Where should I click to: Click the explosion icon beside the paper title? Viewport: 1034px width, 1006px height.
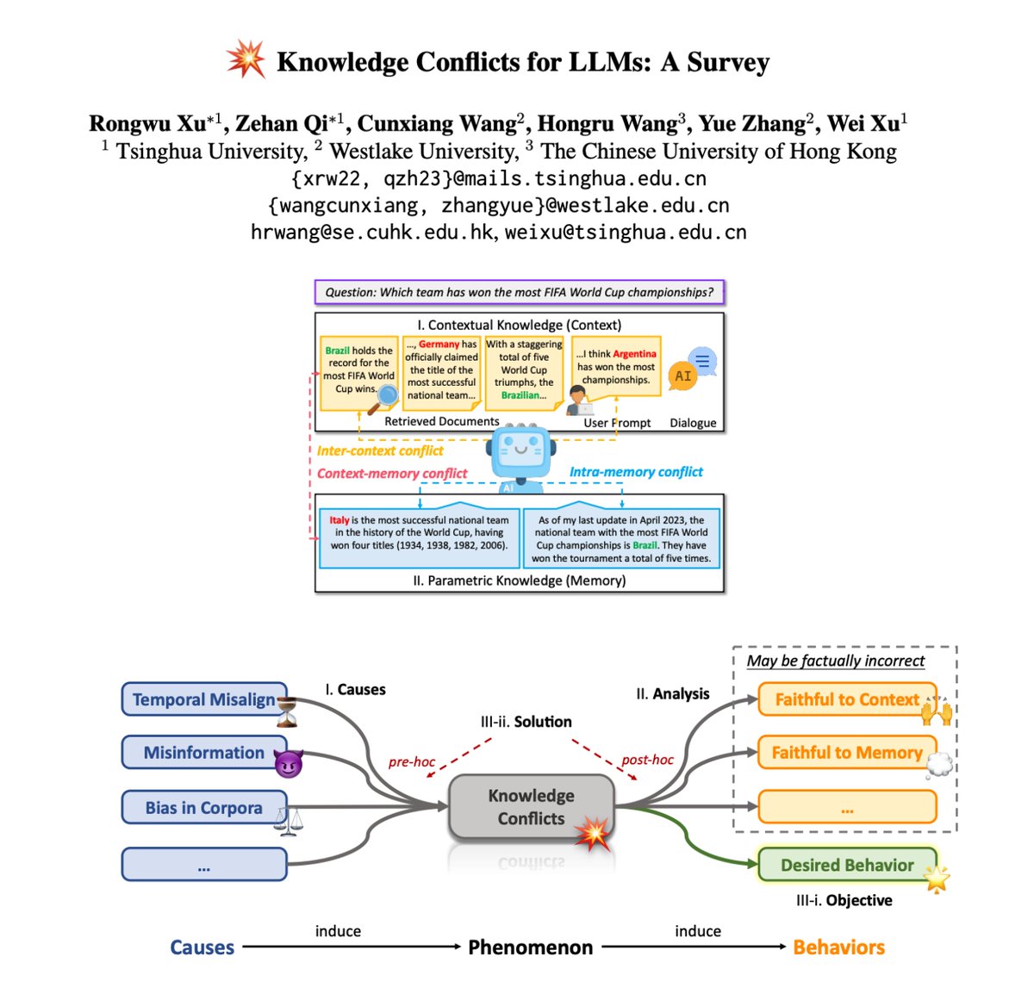pos(246,59)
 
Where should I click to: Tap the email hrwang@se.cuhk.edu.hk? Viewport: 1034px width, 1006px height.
pos(372,233)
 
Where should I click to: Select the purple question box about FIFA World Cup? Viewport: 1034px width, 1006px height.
pos(520,292)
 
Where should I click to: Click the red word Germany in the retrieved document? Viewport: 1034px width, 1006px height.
pos(439,345)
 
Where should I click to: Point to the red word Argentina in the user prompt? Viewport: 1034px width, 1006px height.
pos(634,354)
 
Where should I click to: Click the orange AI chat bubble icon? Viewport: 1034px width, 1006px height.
pos(683,376)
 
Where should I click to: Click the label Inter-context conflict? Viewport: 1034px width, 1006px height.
pos(380,450)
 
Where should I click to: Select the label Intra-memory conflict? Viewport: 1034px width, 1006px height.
pos(636,472)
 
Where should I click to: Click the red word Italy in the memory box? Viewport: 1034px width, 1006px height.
pos(339,520)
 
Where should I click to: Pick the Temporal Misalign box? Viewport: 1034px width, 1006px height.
pos(204,699)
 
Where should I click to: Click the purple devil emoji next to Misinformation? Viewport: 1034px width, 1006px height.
pos(288,763)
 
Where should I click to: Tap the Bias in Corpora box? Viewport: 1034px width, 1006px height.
pos(204,808)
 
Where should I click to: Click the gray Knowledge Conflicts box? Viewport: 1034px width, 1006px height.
pos(531,807)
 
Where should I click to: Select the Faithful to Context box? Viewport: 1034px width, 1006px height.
pos(846,699)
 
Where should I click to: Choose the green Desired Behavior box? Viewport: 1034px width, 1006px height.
pos(846,865)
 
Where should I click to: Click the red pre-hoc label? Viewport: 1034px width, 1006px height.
pos(412,762)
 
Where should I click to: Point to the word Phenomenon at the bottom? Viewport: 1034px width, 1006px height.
pos(531,947)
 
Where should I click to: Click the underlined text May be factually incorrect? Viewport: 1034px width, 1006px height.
pos(835,661)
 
